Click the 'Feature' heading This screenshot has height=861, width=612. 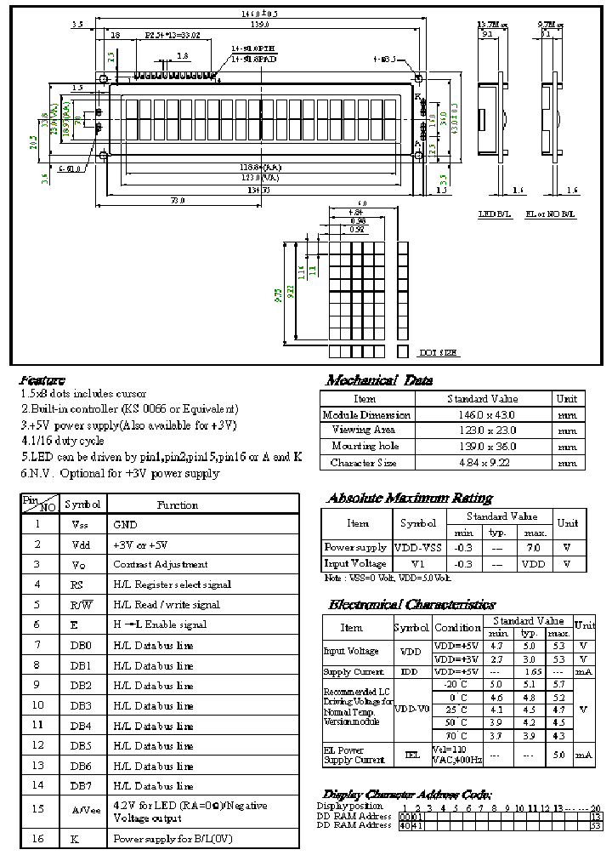42,379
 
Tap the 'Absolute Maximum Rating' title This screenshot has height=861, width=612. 409,498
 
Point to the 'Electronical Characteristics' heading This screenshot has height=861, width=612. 411,605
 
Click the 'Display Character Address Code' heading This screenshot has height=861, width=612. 406,793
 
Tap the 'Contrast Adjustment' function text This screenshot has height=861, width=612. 160,564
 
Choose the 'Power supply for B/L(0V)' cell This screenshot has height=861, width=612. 173,839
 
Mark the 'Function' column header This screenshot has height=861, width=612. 178,505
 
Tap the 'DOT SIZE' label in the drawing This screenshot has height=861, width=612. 439,351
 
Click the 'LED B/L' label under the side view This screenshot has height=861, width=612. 491,214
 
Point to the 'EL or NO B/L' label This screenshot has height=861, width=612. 551,214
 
